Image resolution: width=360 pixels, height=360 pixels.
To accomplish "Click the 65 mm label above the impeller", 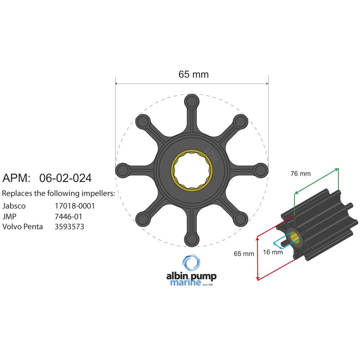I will click(x=193, y=74).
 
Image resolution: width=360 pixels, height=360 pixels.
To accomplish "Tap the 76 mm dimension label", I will click(x=300, y=174).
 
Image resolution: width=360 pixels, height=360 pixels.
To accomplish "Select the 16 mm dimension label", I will click(x=273, y=252).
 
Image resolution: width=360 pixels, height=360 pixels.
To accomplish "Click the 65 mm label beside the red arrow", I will click(x=244, y=253).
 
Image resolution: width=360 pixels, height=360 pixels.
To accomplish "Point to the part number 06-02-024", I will click(x=65, y=178).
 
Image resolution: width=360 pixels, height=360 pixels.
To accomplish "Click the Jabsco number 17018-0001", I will click(x=75, y=206).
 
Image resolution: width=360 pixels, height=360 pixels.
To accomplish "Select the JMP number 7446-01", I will click(x=68, y=217).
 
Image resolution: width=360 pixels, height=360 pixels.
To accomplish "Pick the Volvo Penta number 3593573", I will click(x=69, y=227).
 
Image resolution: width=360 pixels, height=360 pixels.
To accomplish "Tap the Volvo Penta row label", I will click(x=23, y=227).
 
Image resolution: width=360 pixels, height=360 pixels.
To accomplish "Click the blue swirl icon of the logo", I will click(x=191, y=262).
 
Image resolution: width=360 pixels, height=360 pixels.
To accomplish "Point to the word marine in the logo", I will click(x=185, y=283).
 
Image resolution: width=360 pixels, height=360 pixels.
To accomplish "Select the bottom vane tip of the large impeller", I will click(x=192, y=239).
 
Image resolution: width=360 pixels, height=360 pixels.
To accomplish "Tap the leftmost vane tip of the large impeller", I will click(x=123, y=170).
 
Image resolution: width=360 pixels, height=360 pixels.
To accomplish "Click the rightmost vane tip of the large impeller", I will click(x=260, y=170).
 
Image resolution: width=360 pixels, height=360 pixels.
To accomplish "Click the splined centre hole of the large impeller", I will click(x=192, y=170).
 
